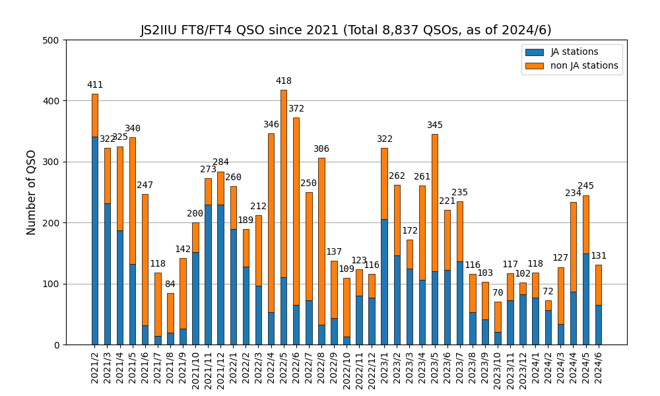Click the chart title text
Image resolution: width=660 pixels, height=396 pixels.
(x=346, y=30)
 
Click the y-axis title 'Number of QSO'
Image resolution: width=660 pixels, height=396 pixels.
(x=32, y=192)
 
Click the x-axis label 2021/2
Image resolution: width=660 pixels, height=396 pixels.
(x=95, y=370)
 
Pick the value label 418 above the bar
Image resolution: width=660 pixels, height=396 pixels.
(x=284, y=81)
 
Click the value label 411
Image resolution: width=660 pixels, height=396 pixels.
(x=95, y=85)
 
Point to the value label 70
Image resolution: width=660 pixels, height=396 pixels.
(x=498, y=293)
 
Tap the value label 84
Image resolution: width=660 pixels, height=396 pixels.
(x=170, y=284)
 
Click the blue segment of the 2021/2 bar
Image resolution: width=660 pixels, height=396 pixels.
(x=95, y=241)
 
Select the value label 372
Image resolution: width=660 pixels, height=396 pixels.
(x=296, y=109)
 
